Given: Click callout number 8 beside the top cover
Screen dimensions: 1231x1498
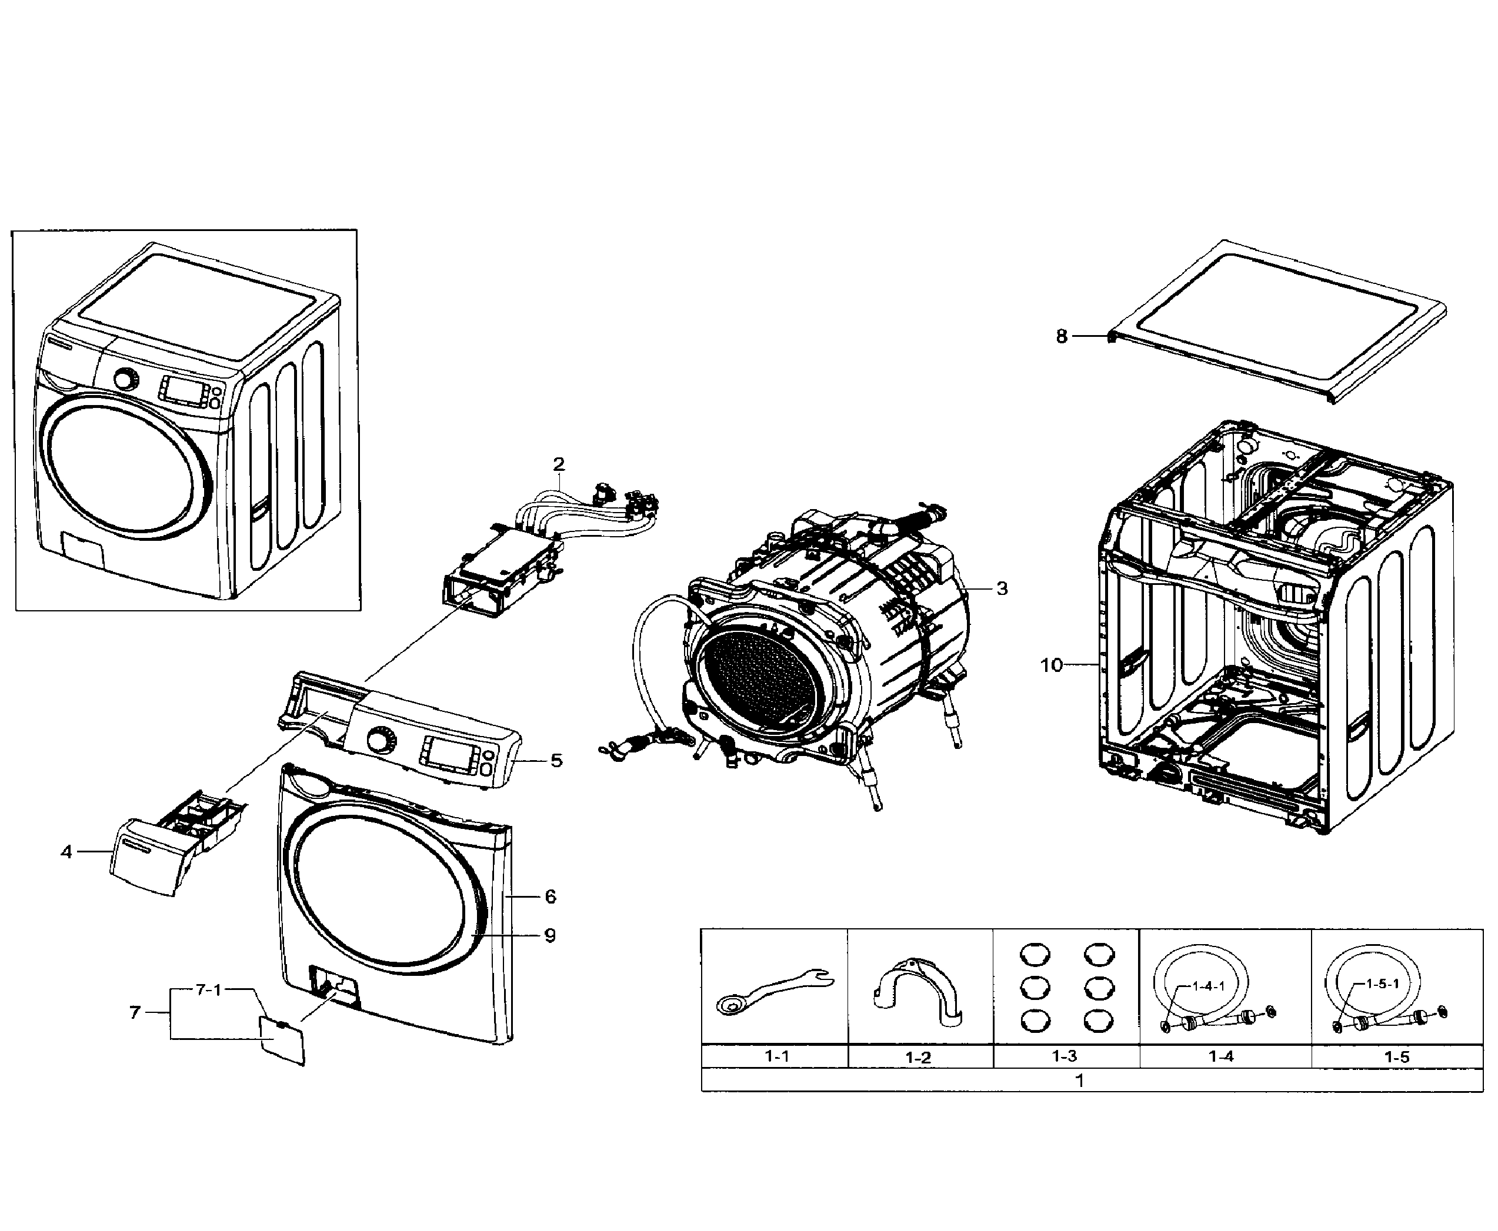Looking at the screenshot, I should tap(1061, 336).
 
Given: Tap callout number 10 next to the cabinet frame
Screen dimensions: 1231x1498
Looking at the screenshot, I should tap(1051, 665).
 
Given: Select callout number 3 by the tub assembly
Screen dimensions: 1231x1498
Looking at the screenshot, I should tap(1002, 588).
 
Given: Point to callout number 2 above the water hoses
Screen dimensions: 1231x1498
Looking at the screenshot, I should tap(559, 464).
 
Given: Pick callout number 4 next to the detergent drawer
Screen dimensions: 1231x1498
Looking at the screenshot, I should tap(66, 852).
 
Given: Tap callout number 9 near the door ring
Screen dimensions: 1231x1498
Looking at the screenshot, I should tap(550, 935).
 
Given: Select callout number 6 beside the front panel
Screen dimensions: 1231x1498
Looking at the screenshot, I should tap(551, 897).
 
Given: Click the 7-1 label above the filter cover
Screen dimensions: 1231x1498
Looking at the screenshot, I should tap(209, 990).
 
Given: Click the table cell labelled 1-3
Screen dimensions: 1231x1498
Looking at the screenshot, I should tap(1065, 1056).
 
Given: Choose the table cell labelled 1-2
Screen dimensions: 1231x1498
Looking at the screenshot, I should tap(918, 1057).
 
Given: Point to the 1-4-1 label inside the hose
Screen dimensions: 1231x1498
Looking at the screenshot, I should tap(1207, 986).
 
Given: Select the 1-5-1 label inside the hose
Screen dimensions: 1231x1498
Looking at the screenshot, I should tap(1382, 984).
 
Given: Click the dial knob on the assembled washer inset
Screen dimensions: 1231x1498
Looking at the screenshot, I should tap(125, 379).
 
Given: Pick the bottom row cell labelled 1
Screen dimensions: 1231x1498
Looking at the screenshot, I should tap(1079, 1081).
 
